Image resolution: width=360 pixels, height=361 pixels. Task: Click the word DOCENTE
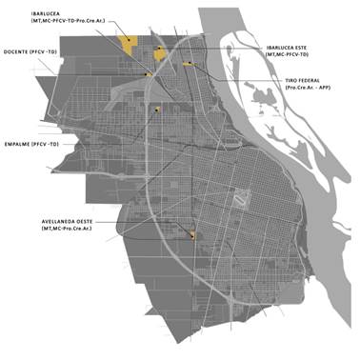point(17,51)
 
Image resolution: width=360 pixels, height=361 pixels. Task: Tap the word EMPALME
point(17,145)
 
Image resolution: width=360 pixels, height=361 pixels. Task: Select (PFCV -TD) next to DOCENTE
point(44,51)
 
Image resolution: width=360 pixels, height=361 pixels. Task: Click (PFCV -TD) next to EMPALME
point(45,145)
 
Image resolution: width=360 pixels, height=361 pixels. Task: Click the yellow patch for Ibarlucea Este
point(158,53)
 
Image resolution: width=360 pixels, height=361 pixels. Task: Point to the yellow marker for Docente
point(148,73)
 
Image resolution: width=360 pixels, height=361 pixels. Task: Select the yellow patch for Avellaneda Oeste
point(193,234)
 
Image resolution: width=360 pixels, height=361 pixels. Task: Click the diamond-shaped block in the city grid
point(242,198)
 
